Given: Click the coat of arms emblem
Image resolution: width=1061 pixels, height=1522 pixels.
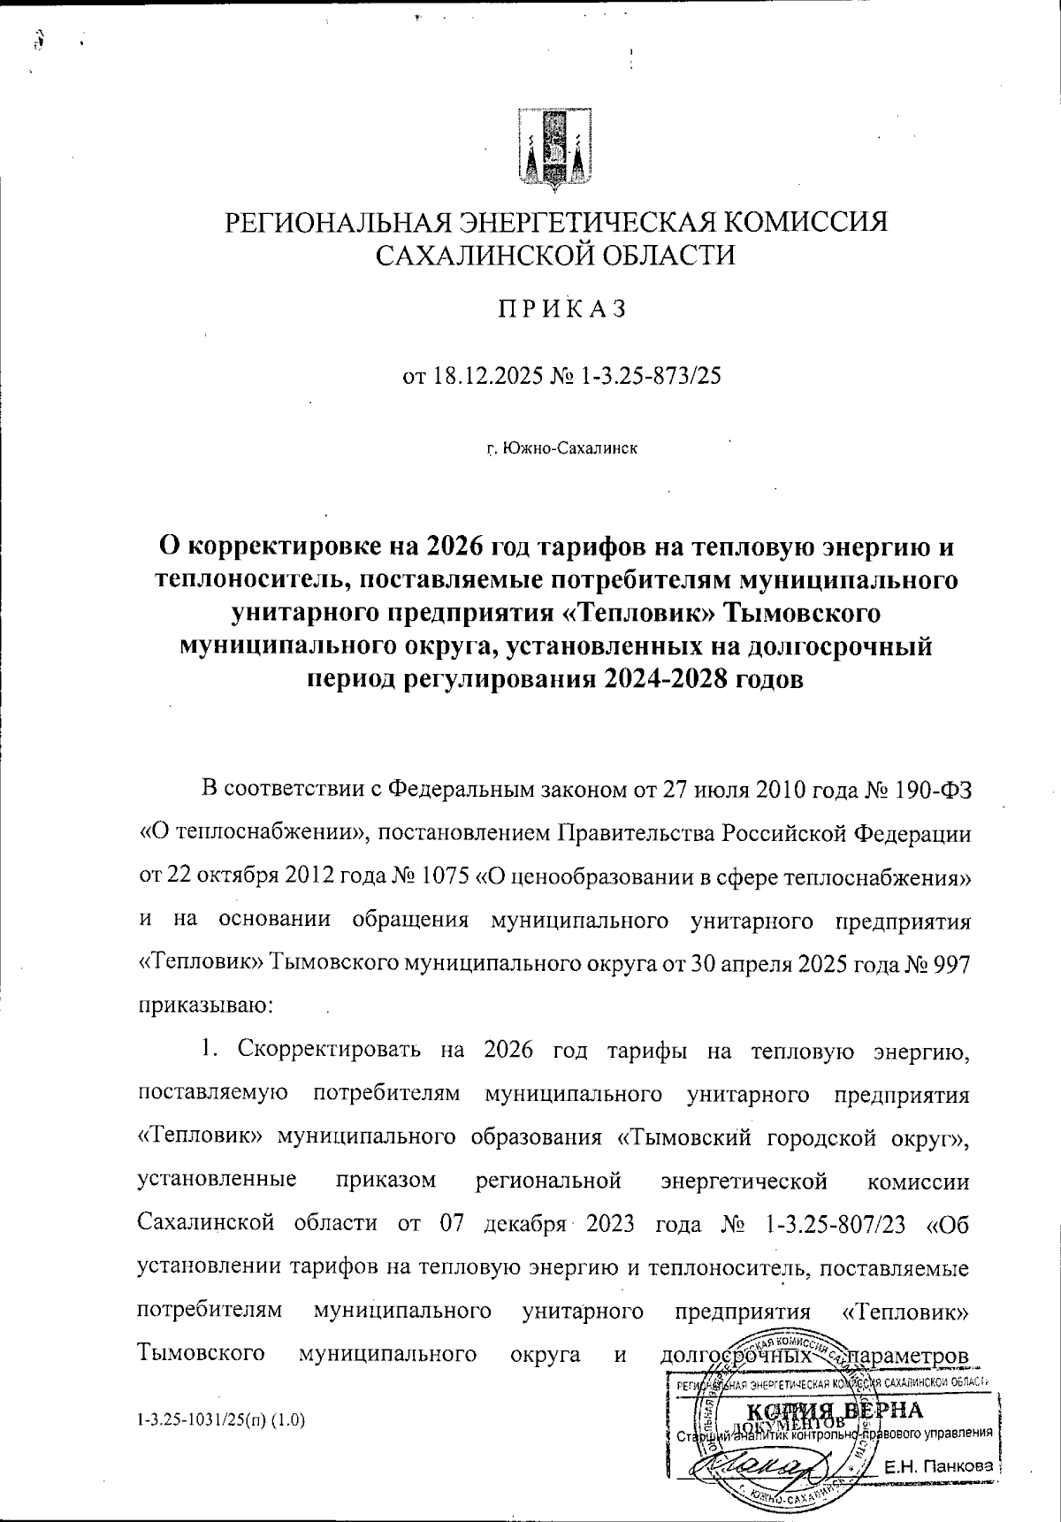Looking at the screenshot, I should point(554,149).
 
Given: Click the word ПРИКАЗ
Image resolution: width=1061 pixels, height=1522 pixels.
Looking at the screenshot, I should point(559,309).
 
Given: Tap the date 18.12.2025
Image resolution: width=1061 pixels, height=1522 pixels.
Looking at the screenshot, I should point(485,377).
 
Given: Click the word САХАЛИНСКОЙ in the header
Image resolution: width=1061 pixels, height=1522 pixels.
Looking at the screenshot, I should point(469,256).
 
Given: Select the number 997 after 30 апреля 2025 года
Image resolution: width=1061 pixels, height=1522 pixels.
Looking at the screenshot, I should point(950,964).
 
